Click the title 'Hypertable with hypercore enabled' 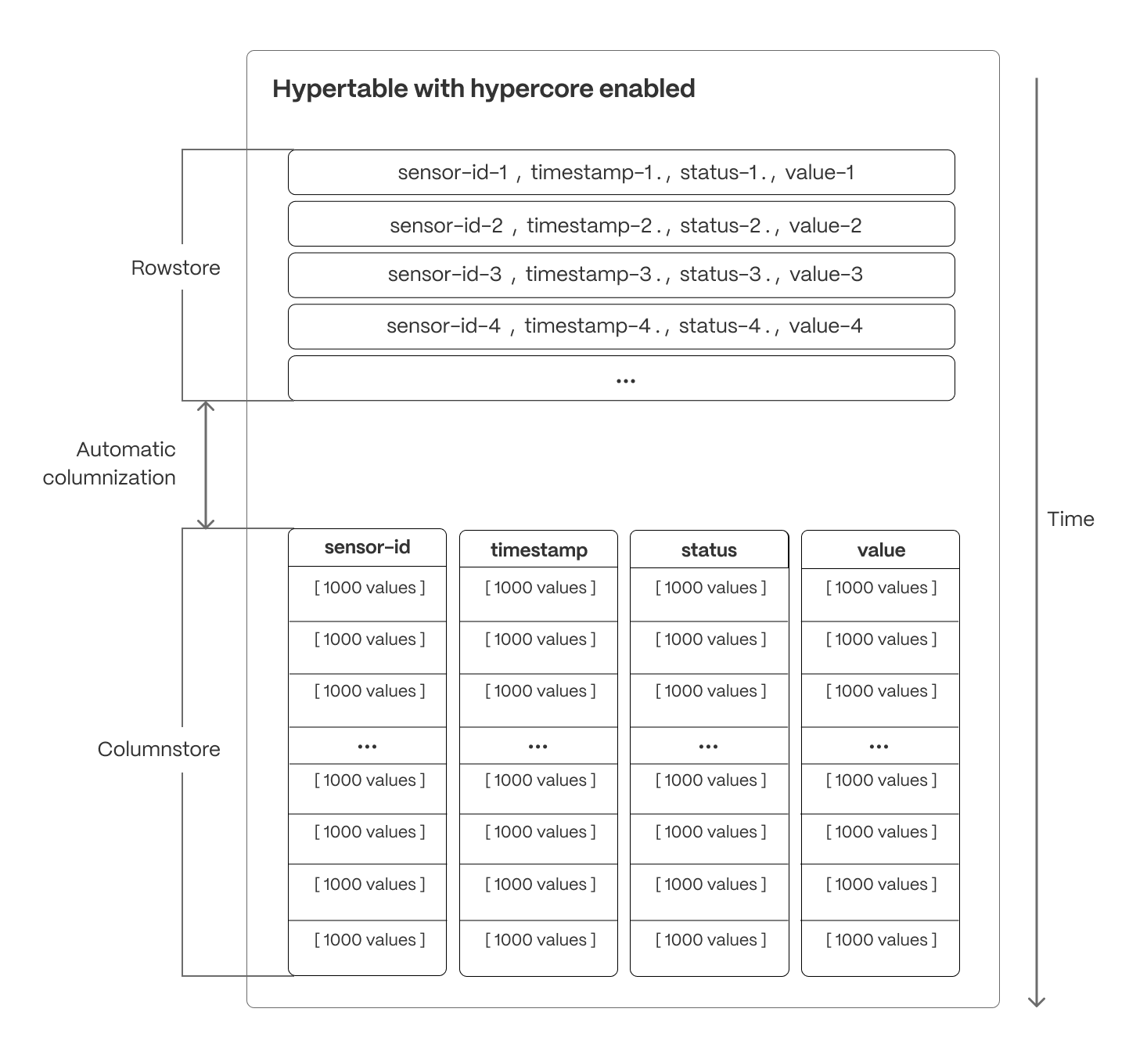(x=483, y=88)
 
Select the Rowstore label (x=175, y=268)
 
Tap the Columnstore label (x=159, y=749)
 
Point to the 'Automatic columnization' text (x=110, y=463)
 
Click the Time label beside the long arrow (x=1070, y=519)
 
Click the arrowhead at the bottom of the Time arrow (x=1037, y=1001)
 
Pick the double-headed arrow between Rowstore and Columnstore (x=206, y=465)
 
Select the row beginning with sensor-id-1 (x=621, y=172)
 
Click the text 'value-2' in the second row (x=825, y=225)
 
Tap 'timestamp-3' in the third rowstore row (x=588, y=274)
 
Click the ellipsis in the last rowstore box (x=625, y=380)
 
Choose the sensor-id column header (x=367, y=547)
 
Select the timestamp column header (x=538, y=550)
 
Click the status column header (x=709, y=550)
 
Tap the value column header (x=881, y=550)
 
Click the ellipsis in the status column (x=708, y=747)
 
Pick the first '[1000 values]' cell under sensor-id (x=369, y=588)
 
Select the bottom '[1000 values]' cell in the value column (x=881, y=940)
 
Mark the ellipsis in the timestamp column (x=538, y=747)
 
